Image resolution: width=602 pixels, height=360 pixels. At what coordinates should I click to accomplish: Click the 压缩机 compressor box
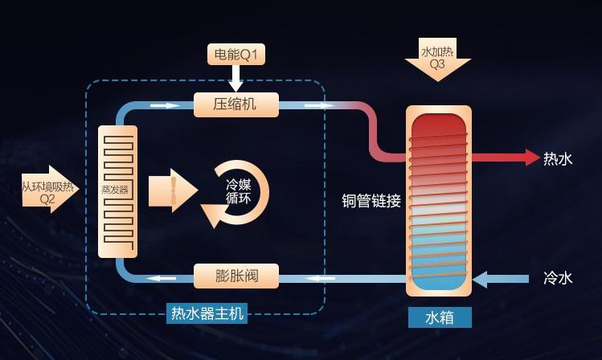tap(235, 104)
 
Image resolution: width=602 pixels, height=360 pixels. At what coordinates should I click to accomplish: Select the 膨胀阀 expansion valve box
tap(235, 276)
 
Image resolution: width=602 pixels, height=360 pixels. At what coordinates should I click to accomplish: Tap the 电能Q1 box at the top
tap(235, 55)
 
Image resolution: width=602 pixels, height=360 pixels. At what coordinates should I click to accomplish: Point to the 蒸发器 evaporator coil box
tap(117, 190)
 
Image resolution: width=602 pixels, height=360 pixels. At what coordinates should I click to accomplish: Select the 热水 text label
tap(558, 158)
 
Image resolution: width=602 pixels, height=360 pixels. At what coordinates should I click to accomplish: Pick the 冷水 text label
tap(558, 278)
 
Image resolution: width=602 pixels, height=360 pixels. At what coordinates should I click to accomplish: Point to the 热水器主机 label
tap(207, 313)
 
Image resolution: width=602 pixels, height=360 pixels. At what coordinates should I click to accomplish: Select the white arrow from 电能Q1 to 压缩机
tap(235, 79)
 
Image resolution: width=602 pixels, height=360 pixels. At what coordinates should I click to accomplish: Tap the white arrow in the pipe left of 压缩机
tap(166, 105)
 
